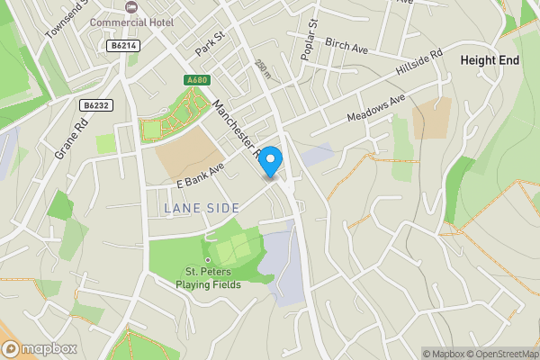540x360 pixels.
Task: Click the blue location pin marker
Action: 271,159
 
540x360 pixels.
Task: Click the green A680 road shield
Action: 197,80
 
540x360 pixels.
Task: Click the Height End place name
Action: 490,59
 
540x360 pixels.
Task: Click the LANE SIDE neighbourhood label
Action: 202,208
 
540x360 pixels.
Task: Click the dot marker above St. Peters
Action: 209,260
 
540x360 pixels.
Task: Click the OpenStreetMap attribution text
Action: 499,353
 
